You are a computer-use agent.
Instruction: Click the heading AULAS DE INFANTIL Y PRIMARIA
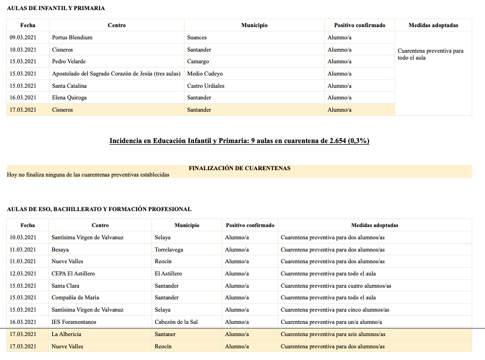(56, 8)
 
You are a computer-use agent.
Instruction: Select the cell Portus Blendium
(72, 38)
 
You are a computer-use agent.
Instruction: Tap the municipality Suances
(197, 38)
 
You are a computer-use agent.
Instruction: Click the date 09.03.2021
(23, 38)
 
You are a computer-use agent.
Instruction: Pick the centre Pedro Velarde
(69, 62)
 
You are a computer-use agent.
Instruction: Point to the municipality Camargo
(198, 62)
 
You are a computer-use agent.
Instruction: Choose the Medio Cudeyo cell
(205, 74)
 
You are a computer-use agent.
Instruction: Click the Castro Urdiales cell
(206, 86)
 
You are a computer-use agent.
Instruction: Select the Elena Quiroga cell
(69, 98)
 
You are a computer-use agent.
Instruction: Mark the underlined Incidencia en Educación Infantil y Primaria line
(239, 141)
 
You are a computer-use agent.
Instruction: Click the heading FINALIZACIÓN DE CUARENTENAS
(239, 168)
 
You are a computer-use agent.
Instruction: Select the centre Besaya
(60, 249)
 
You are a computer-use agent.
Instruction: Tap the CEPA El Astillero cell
(73, 273)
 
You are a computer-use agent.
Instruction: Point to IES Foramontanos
(74, 322)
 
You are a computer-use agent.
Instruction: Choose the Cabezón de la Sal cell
(177, 322)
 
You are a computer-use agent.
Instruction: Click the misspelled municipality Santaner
(165, 334)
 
